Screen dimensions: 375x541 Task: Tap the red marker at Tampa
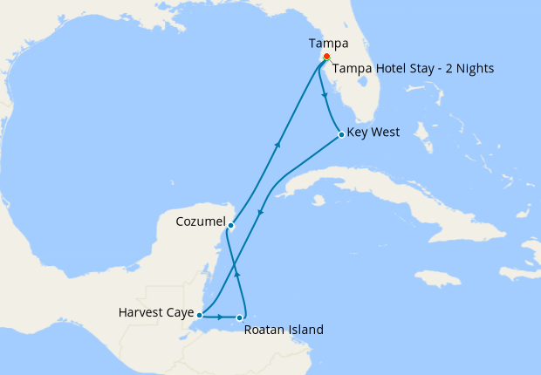pyautogui.click(x=326, y=57)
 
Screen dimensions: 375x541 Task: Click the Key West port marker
pyautogui.click(x=340, y=134)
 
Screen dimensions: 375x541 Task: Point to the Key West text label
pyautogui.click(x=373, y=133)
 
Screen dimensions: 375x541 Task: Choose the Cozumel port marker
pyautogui.click(x=229, y=226)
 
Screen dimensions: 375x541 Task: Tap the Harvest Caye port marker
pyautogui.click(x=200, y=315)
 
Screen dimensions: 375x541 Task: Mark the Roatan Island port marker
pyautogui.click(x=240, y=317)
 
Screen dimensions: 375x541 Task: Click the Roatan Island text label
pyautogui.click(x=284, y=330)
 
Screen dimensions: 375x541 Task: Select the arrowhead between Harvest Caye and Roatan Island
pyautogui.click(x=219, y=317)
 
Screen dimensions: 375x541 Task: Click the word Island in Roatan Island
pyautogui.click(x=305, y=330)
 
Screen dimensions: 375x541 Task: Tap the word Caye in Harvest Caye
pyautogui.click(x=177, y=310)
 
